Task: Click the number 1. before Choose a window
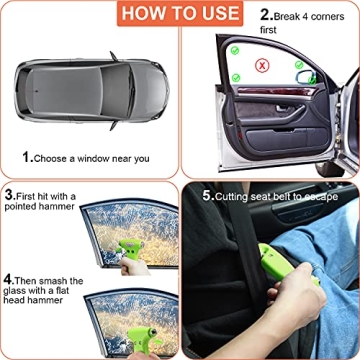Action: [x=29, y=157]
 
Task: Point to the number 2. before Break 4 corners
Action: [x=267, y=17]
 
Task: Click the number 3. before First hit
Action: [x=10, y=194]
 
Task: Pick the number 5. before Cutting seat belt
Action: [x=207, y=195]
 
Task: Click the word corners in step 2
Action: [x=334, y=17]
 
